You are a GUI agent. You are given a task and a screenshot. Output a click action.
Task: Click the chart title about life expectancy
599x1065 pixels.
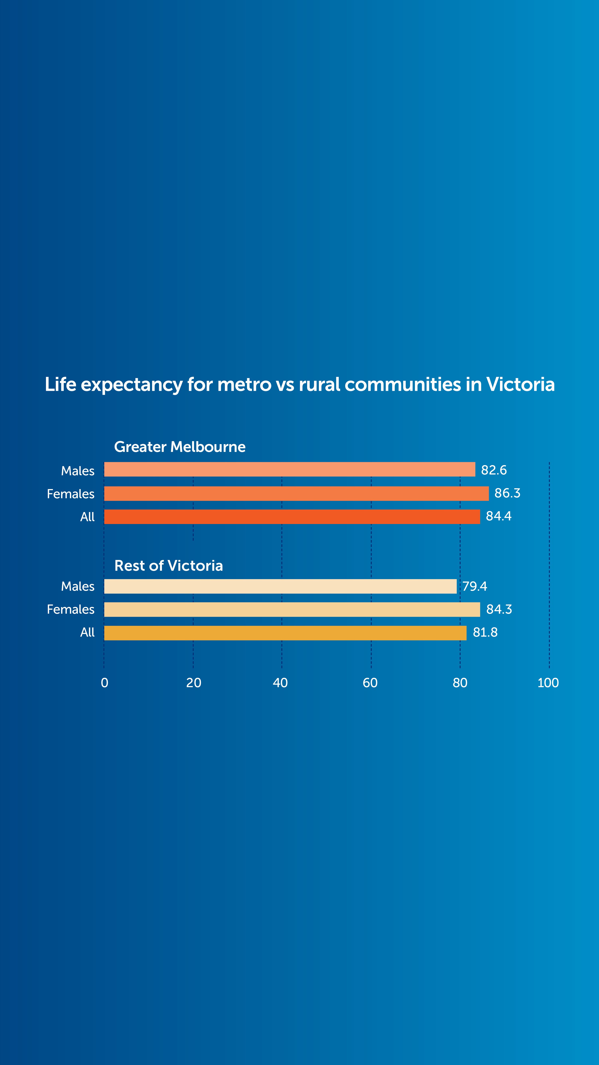(x=299, y=384)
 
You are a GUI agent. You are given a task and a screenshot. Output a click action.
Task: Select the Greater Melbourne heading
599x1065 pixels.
(x=180, y=447)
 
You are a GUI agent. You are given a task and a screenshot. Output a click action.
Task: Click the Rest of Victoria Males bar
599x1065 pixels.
(x=280, y=586)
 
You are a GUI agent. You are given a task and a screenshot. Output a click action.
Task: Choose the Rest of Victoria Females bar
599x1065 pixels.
(x=292, y=609)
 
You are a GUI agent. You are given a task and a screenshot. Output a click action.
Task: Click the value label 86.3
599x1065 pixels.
(x=507, y=493)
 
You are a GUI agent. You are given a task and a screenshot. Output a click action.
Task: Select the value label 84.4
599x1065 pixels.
(x=499, y=516)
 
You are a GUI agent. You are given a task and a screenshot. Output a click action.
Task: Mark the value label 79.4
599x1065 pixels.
(x=475, y=586)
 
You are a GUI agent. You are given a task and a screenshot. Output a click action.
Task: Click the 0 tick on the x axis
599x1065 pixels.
(x=105, y=683)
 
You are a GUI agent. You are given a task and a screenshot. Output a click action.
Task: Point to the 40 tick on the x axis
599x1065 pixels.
(x=280, y=683)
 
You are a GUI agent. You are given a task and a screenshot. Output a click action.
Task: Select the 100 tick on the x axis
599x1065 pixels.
(x=548, y=683)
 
